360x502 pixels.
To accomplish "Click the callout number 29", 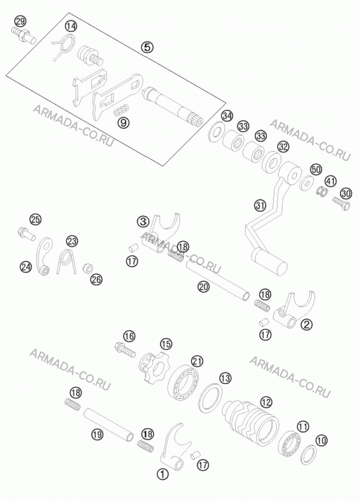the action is click(20, 22).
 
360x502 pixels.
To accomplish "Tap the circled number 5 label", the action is click(147, 47).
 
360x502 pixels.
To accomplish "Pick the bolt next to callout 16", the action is click(125, 349).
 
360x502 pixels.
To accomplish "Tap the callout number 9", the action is click(124, 122).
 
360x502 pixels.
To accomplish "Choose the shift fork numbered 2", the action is click(294, 310).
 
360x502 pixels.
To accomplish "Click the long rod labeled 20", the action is click(217, 282).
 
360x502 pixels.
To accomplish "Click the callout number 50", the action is click(316, 169).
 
